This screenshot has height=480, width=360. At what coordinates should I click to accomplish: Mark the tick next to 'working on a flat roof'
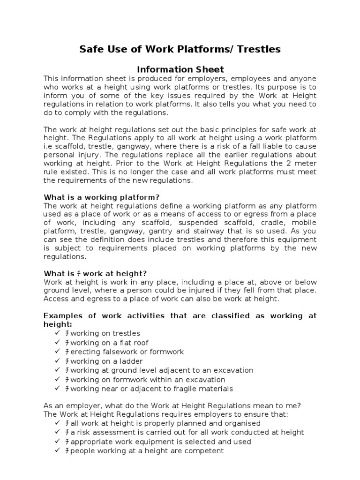[58, 343]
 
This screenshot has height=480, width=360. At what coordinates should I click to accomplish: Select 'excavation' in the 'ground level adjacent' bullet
[231, 370]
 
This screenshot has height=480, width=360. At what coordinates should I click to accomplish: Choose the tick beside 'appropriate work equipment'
[58, 442]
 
